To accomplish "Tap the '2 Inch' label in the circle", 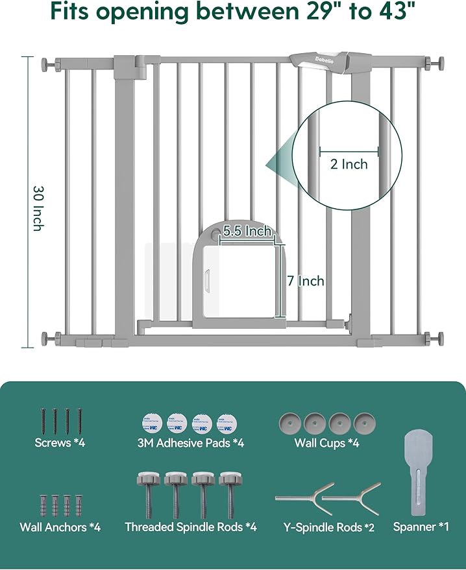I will click(349, 164).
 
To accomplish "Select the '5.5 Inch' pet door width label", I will click(247, 231).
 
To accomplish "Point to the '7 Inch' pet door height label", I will click(306, 281).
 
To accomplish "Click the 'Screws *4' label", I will click(60, 444).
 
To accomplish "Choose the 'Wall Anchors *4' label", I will click(60, 527).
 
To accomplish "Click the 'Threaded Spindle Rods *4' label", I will click(191, 527).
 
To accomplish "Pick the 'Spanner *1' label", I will click(421, 527).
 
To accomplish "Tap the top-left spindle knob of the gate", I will click(47, 65).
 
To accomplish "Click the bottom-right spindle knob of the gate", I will click(437, 338).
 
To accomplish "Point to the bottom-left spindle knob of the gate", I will click(47, 338).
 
